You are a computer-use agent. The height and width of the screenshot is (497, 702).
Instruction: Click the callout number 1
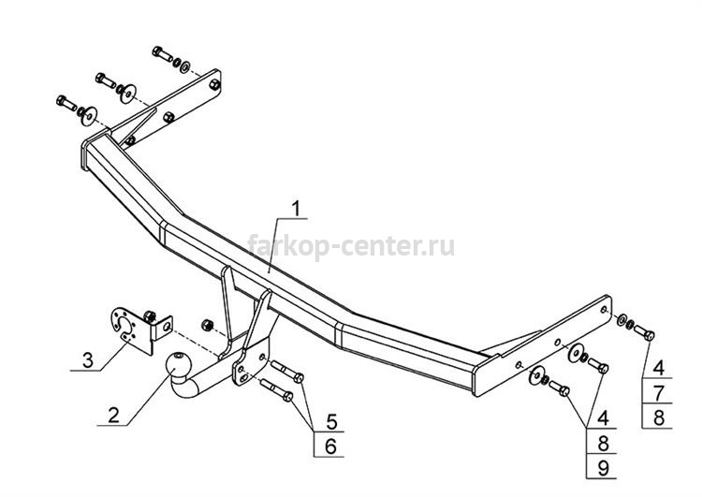(296, 209)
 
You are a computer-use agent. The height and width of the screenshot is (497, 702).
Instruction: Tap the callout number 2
(113, 415)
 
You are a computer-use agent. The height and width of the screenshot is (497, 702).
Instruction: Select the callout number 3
(88, 360)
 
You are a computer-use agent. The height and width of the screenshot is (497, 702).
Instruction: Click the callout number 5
(331, 421)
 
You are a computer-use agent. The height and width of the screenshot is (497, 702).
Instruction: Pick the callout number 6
(330, 446)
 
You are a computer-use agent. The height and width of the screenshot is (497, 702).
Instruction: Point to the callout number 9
(603, 468)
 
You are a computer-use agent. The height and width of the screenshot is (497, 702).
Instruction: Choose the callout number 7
(658, 393)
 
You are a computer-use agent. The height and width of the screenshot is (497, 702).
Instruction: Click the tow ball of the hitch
(179, 364)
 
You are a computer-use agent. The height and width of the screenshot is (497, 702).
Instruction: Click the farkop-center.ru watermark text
(351, 245)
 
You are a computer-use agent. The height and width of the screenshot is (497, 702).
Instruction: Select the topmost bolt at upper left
(163, 53)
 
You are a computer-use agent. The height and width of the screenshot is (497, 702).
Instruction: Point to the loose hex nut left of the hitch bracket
(207, 325)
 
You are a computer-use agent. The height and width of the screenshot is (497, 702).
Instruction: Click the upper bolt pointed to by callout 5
(287, 371)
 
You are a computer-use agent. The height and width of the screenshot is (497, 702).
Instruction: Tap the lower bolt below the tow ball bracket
(277, 390)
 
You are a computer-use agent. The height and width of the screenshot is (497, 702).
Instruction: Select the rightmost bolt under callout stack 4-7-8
(644, 331)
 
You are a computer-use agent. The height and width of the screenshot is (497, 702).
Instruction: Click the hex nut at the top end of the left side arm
(215, 83)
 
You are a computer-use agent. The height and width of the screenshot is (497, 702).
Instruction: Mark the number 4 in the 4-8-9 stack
(603, 417)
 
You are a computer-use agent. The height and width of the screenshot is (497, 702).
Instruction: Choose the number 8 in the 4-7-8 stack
(658, 417)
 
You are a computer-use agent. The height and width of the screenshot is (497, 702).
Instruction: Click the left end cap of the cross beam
(84, 154)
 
